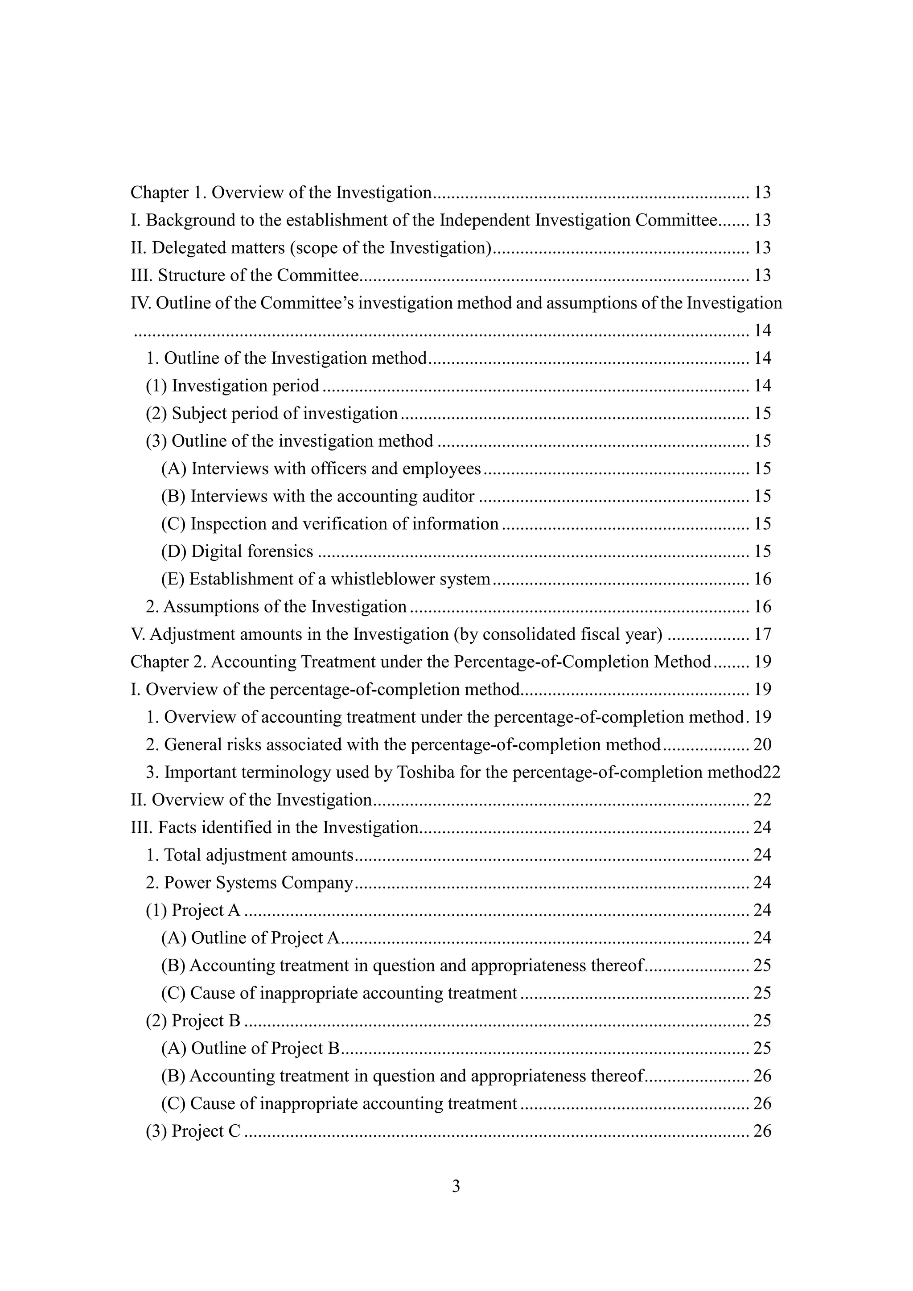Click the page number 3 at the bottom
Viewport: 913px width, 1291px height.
pos(456,1186)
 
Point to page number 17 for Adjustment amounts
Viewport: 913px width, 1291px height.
pos(762,634)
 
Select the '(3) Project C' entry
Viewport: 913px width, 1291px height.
pos(193,1131)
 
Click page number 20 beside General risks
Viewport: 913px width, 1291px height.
pos(762,745)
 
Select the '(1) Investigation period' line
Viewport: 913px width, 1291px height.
pos(232,386)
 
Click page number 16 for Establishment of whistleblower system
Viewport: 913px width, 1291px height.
pos(762,579)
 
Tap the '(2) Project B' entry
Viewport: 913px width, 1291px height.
pos(193,1020)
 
